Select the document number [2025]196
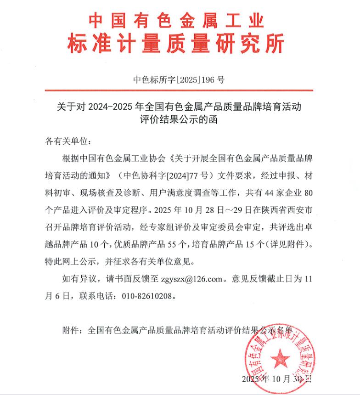pyautogui.click(x=197, y=79)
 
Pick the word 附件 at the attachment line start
pyautogui.click(x=71, y=330)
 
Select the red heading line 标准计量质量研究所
pyautogui.click(x=176, y=45)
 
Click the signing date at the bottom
pyautogui.click(x=276, y=379)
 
